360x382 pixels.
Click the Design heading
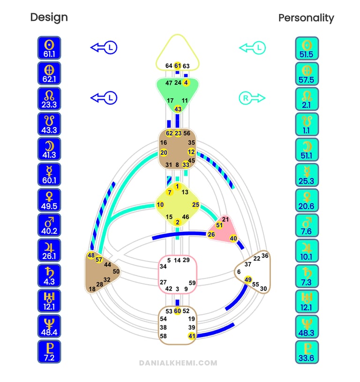point(49,17)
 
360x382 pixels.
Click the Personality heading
point(306,18)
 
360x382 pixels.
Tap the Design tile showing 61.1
point(49,48)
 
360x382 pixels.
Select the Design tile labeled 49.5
point(49,200)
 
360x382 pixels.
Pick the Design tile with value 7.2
point(49,352)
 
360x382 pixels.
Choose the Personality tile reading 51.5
point(307,48)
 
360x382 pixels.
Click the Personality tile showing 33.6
point(307,352)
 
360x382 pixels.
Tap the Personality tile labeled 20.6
point(307,200)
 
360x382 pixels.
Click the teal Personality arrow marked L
point(253,47)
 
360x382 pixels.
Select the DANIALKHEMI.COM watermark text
point(178,362)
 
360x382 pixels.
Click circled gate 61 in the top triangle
point(177,66)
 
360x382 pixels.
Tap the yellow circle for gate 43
point(178,109)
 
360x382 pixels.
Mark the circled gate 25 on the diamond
point(195,204)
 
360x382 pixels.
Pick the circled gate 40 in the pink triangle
point(233,239)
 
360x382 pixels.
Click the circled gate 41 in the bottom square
point(191,336)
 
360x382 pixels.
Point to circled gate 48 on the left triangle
point(91,255)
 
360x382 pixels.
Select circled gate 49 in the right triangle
point(248,280)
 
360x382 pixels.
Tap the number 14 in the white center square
point(177,260)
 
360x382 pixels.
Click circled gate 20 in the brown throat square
point(164,152)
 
